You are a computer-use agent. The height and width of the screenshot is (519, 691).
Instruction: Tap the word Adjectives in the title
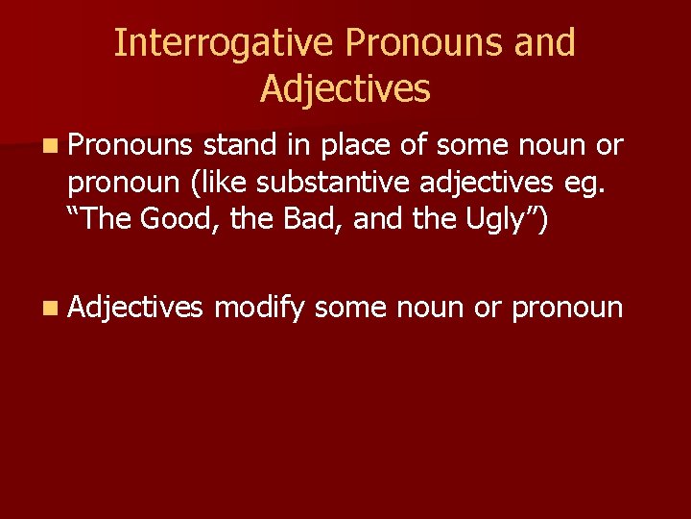(x=345, y=88)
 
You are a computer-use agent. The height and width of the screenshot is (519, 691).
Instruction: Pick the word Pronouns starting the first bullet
(x=131, y=145)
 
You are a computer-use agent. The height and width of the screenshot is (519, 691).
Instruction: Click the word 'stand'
(x=240, y=145)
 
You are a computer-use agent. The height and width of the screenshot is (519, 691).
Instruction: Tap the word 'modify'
(x=259, y=308)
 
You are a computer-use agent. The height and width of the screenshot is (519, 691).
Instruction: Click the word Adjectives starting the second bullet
(x=136, y=307)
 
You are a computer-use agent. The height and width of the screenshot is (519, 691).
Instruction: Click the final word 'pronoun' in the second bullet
(x=567, y=308)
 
